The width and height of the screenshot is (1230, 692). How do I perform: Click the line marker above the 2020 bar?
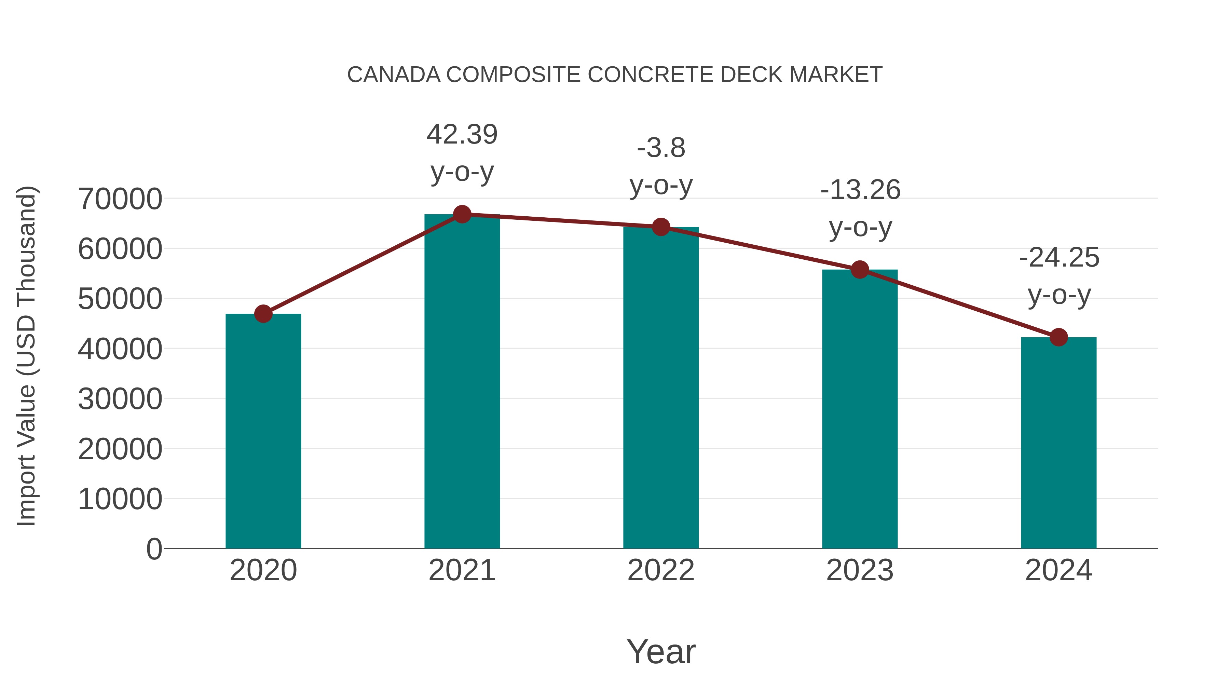(263, 314)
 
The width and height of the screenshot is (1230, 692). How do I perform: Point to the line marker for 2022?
(661, 227)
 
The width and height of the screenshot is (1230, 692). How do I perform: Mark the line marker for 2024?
(1058, 337)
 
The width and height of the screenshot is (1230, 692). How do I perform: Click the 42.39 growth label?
(462, 134)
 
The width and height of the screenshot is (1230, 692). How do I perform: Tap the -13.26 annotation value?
(860, 190)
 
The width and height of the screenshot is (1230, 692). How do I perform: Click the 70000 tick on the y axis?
(120, 199)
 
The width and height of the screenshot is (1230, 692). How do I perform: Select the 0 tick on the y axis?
(154, 549)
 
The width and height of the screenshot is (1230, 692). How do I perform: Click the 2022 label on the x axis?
(661, 570)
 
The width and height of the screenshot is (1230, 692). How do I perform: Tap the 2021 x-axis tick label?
(462, 570)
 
